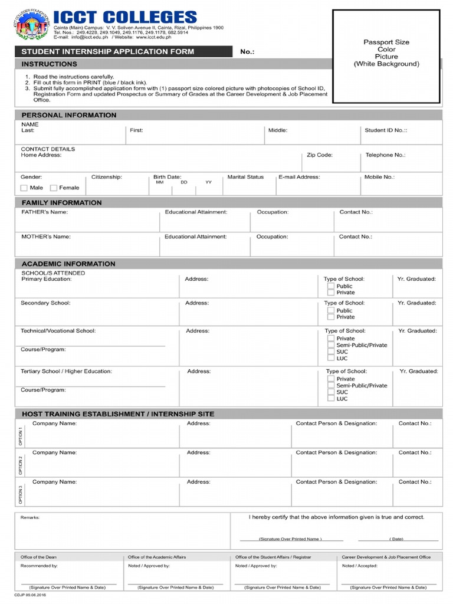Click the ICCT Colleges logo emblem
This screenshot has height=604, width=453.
31,25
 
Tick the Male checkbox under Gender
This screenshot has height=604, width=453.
24,188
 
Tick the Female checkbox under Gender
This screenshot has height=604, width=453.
54,188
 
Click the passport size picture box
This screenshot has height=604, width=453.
386,56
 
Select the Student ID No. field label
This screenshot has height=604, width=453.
386,130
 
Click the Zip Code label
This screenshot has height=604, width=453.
320,155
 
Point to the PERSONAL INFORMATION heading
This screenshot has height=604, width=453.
69,115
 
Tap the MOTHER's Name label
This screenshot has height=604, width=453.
46,237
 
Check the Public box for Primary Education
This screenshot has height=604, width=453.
331,286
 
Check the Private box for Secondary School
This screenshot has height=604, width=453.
331,317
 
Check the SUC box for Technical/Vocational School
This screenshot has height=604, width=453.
331,352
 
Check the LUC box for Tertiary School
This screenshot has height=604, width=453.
331,399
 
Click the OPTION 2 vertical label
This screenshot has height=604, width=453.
21,465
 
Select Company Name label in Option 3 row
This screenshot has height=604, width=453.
54,482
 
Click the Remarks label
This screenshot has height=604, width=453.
30,517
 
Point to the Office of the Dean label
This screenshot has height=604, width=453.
38,557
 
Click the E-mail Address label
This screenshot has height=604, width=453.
299,177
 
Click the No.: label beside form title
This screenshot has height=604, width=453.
247,52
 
